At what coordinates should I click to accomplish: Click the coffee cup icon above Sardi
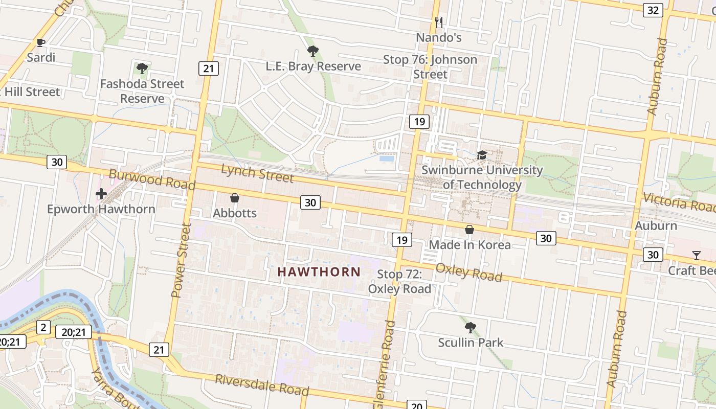point(41,42)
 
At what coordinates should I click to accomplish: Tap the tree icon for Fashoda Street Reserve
point(142,68)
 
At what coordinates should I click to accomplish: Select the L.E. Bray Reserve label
point(313,66)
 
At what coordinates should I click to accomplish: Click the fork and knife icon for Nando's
point(438,22)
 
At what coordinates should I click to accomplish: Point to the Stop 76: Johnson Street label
point(430,67)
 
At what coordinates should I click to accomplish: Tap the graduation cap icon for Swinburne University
point(481,155)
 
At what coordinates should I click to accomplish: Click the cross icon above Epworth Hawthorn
point(101,194)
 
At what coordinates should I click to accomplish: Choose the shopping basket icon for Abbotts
point(235,197)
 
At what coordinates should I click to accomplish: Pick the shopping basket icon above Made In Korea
point(469,230)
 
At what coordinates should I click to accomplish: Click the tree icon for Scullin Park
point(470,328)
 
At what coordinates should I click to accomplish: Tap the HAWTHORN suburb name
point(319,272)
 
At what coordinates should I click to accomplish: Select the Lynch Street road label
point(257,173)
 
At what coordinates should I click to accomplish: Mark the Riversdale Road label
point(262,385)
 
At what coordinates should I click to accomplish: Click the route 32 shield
point(653,10)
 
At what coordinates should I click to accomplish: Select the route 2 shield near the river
point(43,328)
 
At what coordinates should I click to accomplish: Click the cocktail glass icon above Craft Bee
point(696,255)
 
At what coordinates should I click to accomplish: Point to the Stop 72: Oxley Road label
point(399,282)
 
